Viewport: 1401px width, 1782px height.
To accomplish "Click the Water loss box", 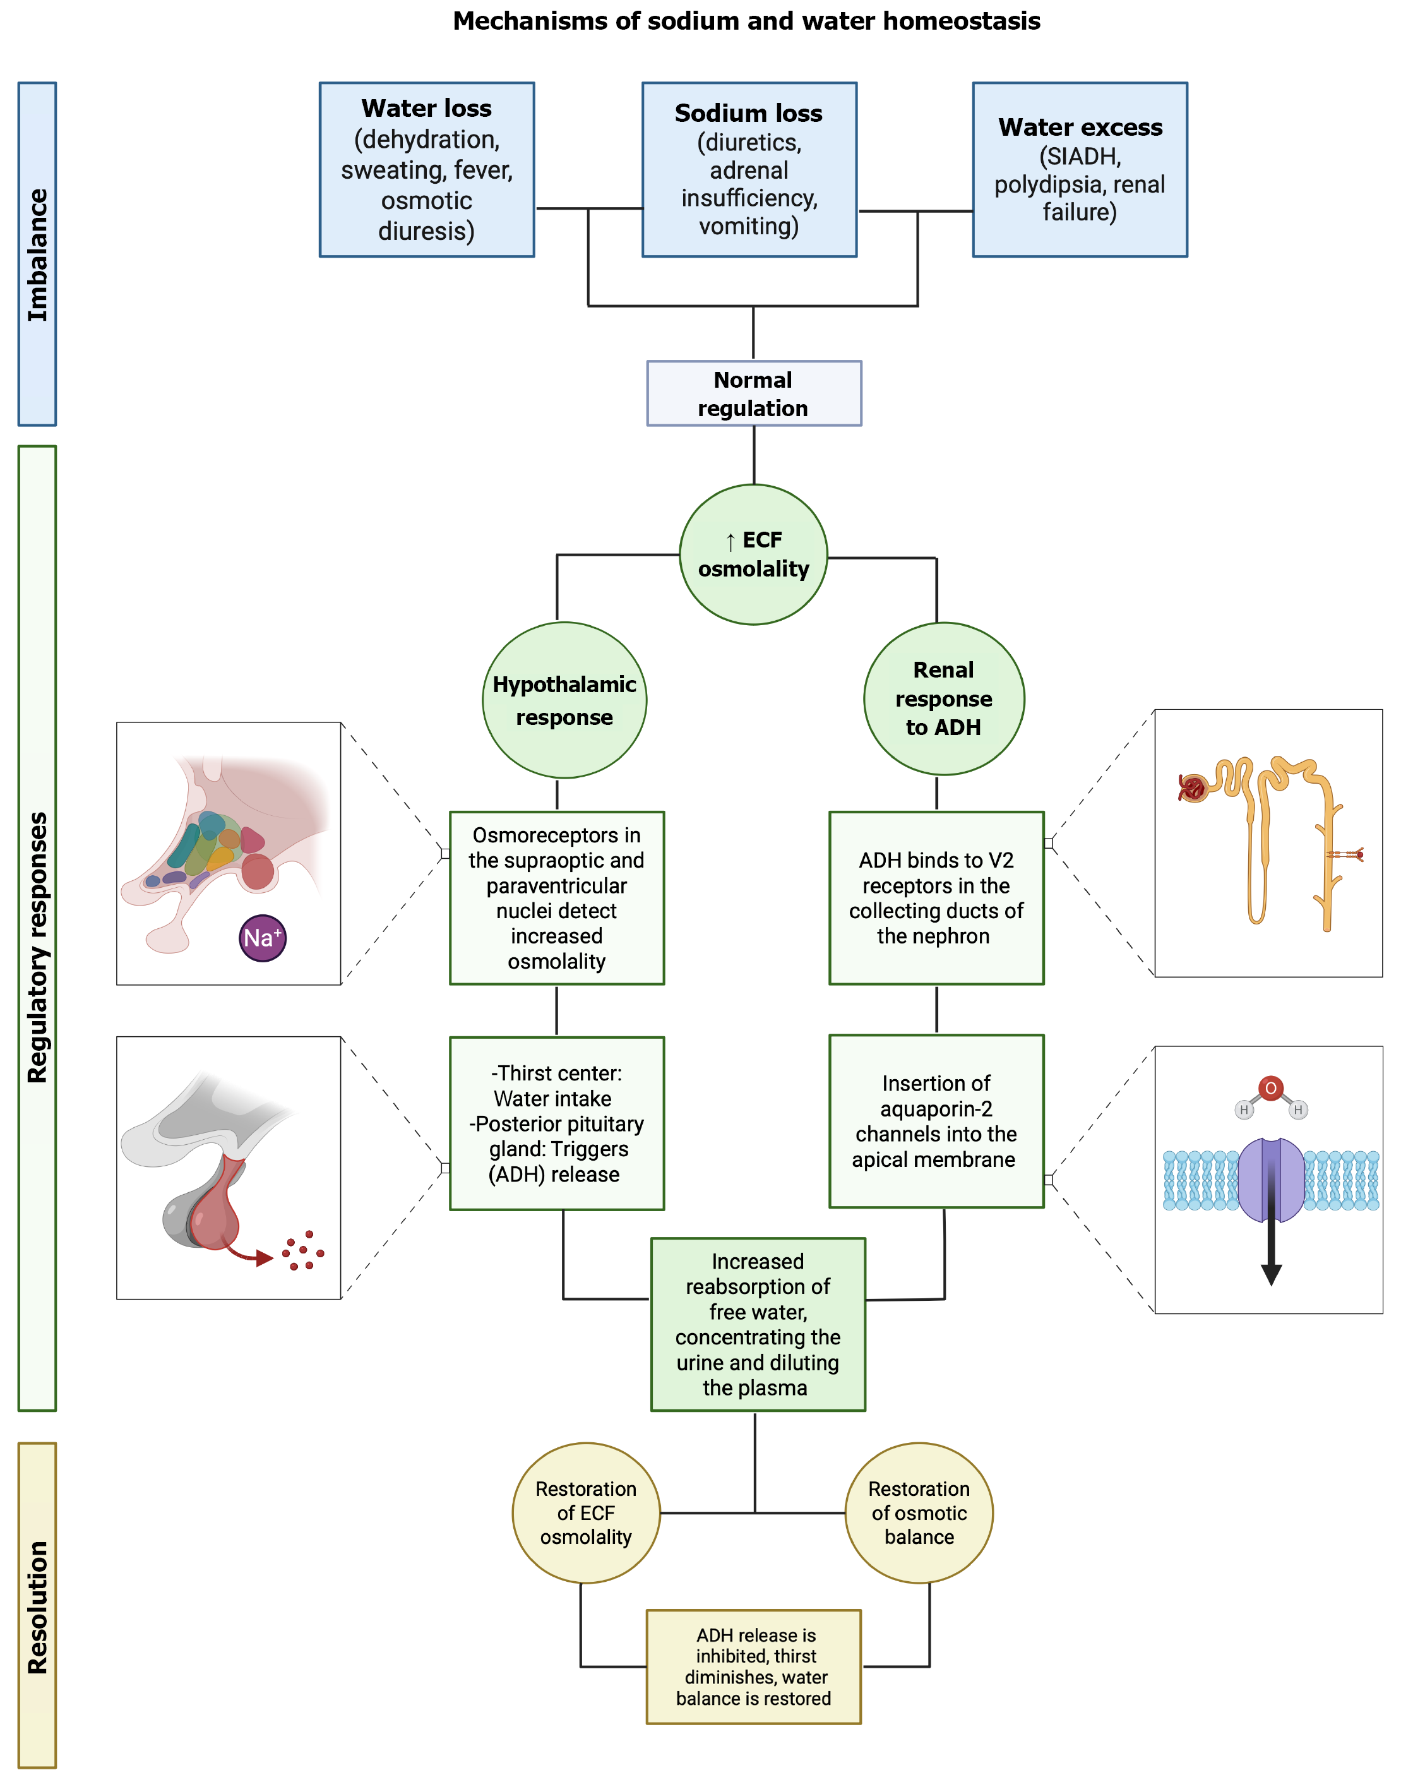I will pos(427,170).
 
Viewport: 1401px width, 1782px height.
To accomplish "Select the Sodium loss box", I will pos(749,170).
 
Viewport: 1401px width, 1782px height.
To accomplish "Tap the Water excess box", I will pos(1080,170).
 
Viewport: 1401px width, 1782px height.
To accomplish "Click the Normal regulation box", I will pos(754,394).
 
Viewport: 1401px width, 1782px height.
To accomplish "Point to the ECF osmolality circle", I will pos(753,554).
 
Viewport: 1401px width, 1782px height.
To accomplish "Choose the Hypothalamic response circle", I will pos(564,700).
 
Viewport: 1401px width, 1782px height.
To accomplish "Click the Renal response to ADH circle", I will pos(943,699).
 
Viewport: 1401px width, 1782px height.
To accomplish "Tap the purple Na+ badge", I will pos(263,938).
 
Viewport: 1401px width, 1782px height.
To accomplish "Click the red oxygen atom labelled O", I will pos(1270,1089).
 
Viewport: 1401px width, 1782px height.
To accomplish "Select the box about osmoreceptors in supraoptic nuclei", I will pos(556,899).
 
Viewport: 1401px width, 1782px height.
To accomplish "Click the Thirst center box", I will pos(556,1123).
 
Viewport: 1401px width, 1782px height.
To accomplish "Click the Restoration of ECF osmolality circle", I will pos(586,1513).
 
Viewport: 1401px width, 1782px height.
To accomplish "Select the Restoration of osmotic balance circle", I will pos(919,1513).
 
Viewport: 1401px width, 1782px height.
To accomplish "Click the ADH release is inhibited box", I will pos(753,1666).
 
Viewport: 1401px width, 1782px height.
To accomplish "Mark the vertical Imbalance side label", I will pos(37,254).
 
